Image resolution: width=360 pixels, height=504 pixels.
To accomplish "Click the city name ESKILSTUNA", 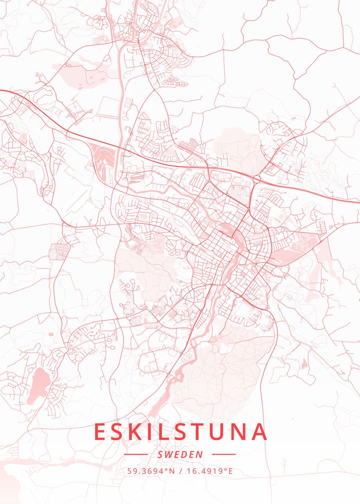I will point(180,432).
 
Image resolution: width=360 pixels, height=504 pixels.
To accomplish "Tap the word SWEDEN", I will point(180,454).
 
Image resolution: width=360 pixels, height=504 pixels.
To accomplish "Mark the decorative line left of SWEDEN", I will point(136,454).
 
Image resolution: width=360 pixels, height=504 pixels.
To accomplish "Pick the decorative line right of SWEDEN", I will point(224,454).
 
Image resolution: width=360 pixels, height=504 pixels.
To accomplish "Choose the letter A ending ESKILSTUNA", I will point(259,432).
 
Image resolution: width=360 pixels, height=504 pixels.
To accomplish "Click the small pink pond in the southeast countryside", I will point(304,364).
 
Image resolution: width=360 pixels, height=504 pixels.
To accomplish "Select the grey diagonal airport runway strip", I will point(77,199).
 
